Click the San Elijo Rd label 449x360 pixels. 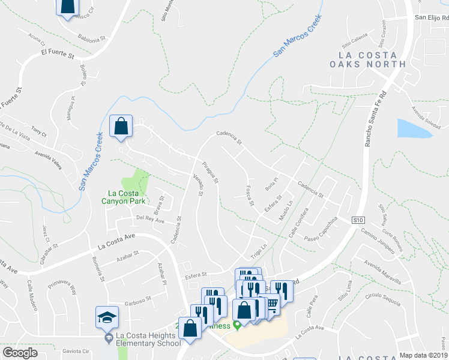(432, 17)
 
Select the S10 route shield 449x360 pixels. (358, 220)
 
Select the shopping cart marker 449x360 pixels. (273, 304)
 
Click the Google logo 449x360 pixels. (20, 353)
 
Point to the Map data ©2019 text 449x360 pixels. (424, 355)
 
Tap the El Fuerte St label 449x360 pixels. (57, 56)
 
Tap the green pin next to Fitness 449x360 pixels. (237, 326)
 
